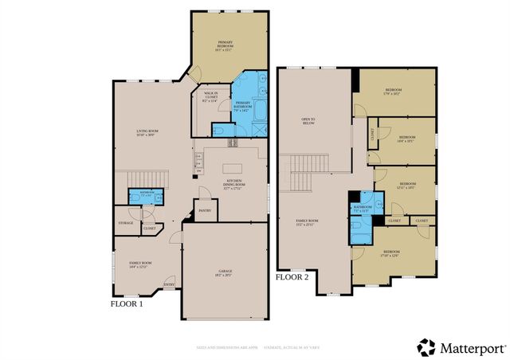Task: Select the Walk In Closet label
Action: tap(210, 98)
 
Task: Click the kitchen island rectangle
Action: tap(233, 169)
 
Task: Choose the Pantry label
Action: tap(204, 211)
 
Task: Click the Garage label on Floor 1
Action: tap(224, 274)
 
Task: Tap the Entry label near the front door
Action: tap(169, 284)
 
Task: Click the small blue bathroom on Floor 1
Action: tap(147, 195)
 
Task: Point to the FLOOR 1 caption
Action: tap(126, 304)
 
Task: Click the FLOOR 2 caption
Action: tap(292, 278)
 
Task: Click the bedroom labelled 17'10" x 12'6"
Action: tap(402, 255)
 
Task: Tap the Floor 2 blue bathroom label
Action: tap(363, 208)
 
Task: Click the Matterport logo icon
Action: tap(427, 346)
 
